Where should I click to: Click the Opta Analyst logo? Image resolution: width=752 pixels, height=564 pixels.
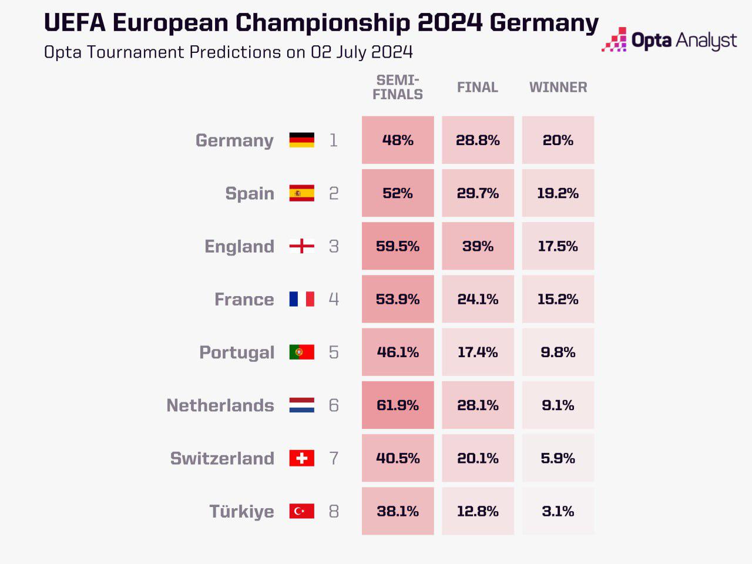[x=669, y=40]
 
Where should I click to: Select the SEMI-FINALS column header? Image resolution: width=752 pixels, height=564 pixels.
[x=398, y=87]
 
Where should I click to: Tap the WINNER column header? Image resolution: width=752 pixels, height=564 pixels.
[x=558, y=87]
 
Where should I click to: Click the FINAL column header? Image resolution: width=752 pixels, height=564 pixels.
[x=478, y=87]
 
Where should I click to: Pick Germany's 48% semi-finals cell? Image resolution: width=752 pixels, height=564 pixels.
[x=398, y=140]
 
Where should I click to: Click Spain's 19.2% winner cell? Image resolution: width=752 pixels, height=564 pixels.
[x=558, y=193]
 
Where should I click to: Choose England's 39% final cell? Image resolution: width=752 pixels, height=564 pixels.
[x=478, y=246]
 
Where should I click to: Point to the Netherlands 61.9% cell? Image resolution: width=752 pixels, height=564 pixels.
[x=398, y=405]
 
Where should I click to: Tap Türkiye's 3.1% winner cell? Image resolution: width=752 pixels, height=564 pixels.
[x=558, y=511]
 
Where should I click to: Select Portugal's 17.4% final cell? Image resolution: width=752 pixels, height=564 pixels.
[x=478, y=352]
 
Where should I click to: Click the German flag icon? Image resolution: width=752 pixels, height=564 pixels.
[x=301, y=140]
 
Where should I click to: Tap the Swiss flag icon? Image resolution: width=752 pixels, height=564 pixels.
[x=301, y=458]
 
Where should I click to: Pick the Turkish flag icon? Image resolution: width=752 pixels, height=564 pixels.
[x=301, y=511]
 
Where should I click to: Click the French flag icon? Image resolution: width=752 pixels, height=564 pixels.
[x=301, y=299]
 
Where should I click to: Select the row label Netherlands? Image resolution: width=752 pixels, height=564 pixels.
[x=220, y=405]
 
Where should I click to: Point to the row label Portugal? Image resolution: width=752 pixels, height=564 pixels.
[x=237, y=352]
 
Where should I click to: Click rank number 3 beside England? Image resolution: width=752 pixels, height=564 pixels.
[x=334, y=246]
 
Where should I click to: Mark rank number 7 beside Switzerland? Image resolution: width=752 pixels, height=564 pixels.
[x=334, y=458]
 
